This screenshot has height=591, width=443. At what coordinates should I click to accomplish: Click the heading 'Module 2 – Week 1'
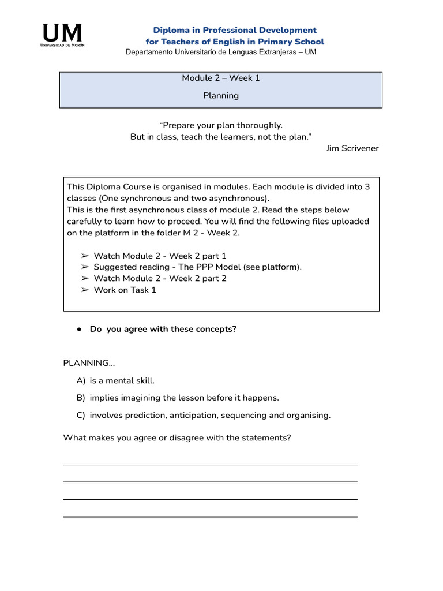[x=221, y=78]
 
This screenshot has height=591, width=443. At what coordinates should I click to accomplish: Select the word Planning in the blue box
[x=221, y=95]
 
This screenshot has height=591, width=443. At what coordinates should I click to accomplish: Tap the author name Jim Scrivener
[x=352, y=148]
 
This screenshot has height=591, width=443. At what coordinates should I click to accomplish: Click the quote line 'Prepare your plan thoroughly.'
[x=221, y=125]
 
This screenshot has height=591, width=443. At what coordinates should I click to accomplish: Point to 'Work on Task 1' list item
[x=125, y=290]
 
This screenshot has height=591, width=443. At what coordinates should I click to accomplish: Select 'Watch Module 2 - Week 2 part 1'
[x=160, y=256]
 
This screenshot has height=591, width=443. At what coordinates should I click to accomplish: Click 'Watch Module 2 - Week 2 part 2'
[x=160, y=278]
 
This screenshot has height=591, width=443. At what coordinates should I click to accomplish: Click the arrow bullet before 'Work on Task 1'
[x=84, y=290]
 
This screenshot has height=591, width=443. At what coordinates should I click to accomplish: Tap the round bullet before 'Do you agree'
[x=78, y=330]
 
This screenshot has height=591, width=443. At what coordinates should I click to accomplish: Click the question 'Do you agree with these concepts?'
[x=163, y=329]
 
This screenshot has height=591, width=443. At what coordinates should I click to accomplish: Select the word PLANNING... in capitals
[x=89, y=363]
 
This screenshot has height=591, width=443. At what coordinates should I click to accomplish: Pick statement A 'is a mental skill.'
[x=122, y=380]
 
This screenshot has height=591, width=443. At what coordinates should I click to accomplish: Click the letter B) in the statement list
[x=80, y=398]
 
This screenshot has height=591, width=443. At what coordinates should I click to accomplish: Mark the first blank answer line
[x=210, y=464]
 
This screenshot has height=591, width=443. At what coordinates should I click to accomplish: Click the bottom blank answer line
[x=210, y=516]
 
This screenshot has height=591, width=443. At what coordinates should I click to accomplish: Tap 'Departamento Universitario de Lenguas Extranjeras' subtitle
[x=221, y=52]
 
